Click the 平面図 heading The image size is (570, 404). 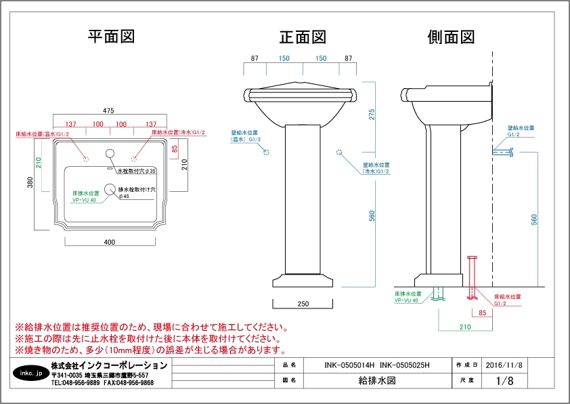111,37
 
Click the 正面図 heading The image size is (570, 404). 303,37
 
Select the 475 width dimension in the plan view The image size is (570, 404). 108,110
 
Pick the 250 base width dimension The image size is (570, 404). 303,304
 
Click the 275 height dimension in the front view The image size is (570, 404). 371,115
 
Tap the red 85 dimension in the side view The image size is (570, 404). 482,312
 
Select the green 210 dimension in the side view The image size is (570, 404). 465,327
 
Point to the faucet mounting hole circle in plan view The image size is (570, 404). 111,153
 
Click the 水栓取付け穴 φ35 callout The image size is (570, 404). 137,170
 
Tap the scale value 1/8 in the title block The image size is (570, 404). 504,381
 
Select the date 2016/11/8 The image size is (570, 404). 504,365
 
